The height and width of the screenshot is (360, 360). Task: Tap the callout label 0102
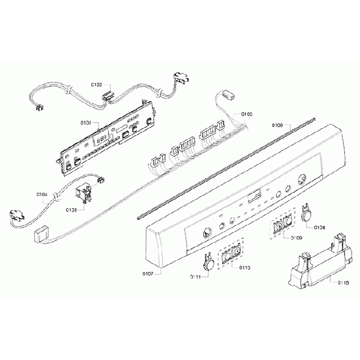pos(96,85)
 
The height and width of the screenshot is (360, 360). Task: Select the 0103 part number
pos(71,210)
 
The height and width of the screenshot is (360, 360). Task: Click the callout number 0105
pos(246,114)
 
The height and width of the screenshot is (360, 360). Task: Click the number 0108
pos(320,228)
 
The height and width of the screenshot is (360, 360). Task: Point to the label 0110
pos(244,268)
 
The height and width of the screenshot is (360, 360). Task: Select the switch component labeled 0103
pos(84,195)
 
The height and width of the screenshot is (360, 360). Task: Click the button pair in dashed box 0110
pos(232,254)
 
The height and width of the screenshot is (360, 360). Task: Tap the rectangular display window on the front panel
pos(255,196)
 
